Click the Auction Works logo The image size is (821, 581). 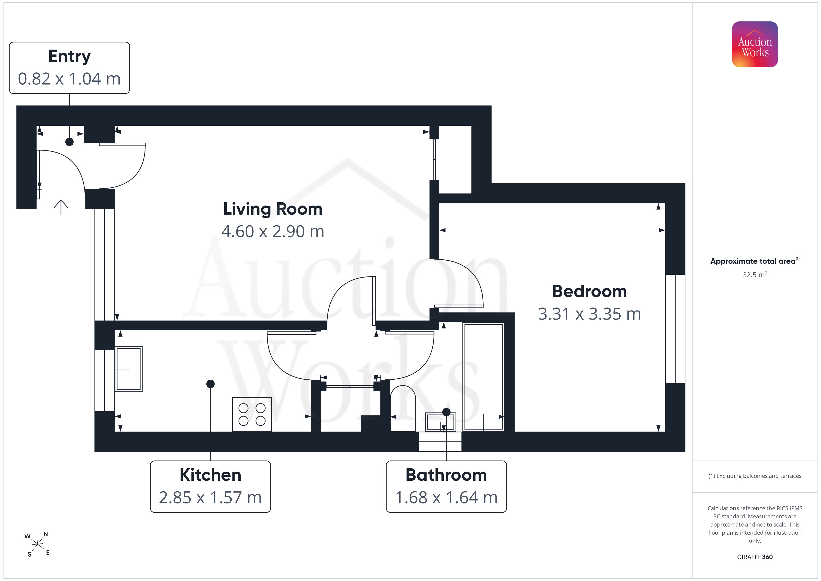tap(755, 44)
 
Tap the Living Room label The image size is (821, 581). tap(273, 209)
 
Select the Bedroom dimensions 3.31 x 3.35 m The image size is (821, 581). tap(589, 314)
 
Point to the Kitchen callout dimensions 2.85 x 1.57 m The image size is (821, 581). tap(210, 497)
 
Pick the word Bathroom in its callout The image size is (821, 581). tap(446, 475)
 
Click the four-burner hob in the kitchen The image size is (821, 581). tap(252, 414)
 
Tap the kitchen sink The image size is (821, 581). tap(128, 369)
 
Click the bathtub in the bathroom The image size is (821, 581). tap(483, 376)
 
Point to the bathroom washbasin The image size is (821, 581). tap(441, 422)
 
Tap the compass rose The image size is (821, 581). tap(37, 544)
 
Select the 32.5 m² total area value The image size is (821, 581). tap(755, 274)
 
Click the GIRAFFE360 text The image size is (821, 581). tap(755, 557)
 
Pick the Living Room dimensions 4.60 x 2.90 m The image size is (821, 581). tap(273, 231)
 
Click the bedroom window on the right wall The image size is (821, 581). tap(675, 329)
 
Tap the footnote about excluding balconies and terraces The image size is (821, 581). tap(755, 476)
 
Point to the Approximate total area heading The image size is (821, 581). tap(755, 261)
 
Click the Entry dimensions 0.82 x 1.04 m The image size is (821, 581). tap(69, 79)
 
